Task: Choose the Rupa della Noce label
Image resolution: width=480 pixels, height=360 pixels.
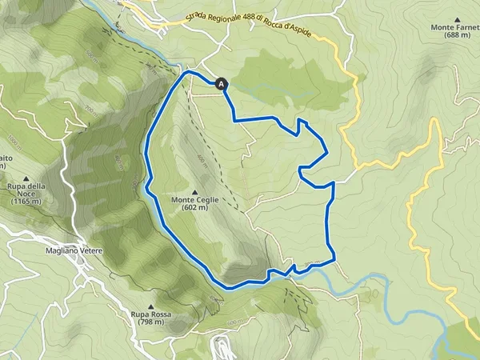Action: pyautogui.click(x=29, y=187)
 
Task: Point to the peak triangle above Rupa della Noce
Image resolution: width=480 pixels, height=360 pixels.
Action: pyautogui.click(x=27, y=178)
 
